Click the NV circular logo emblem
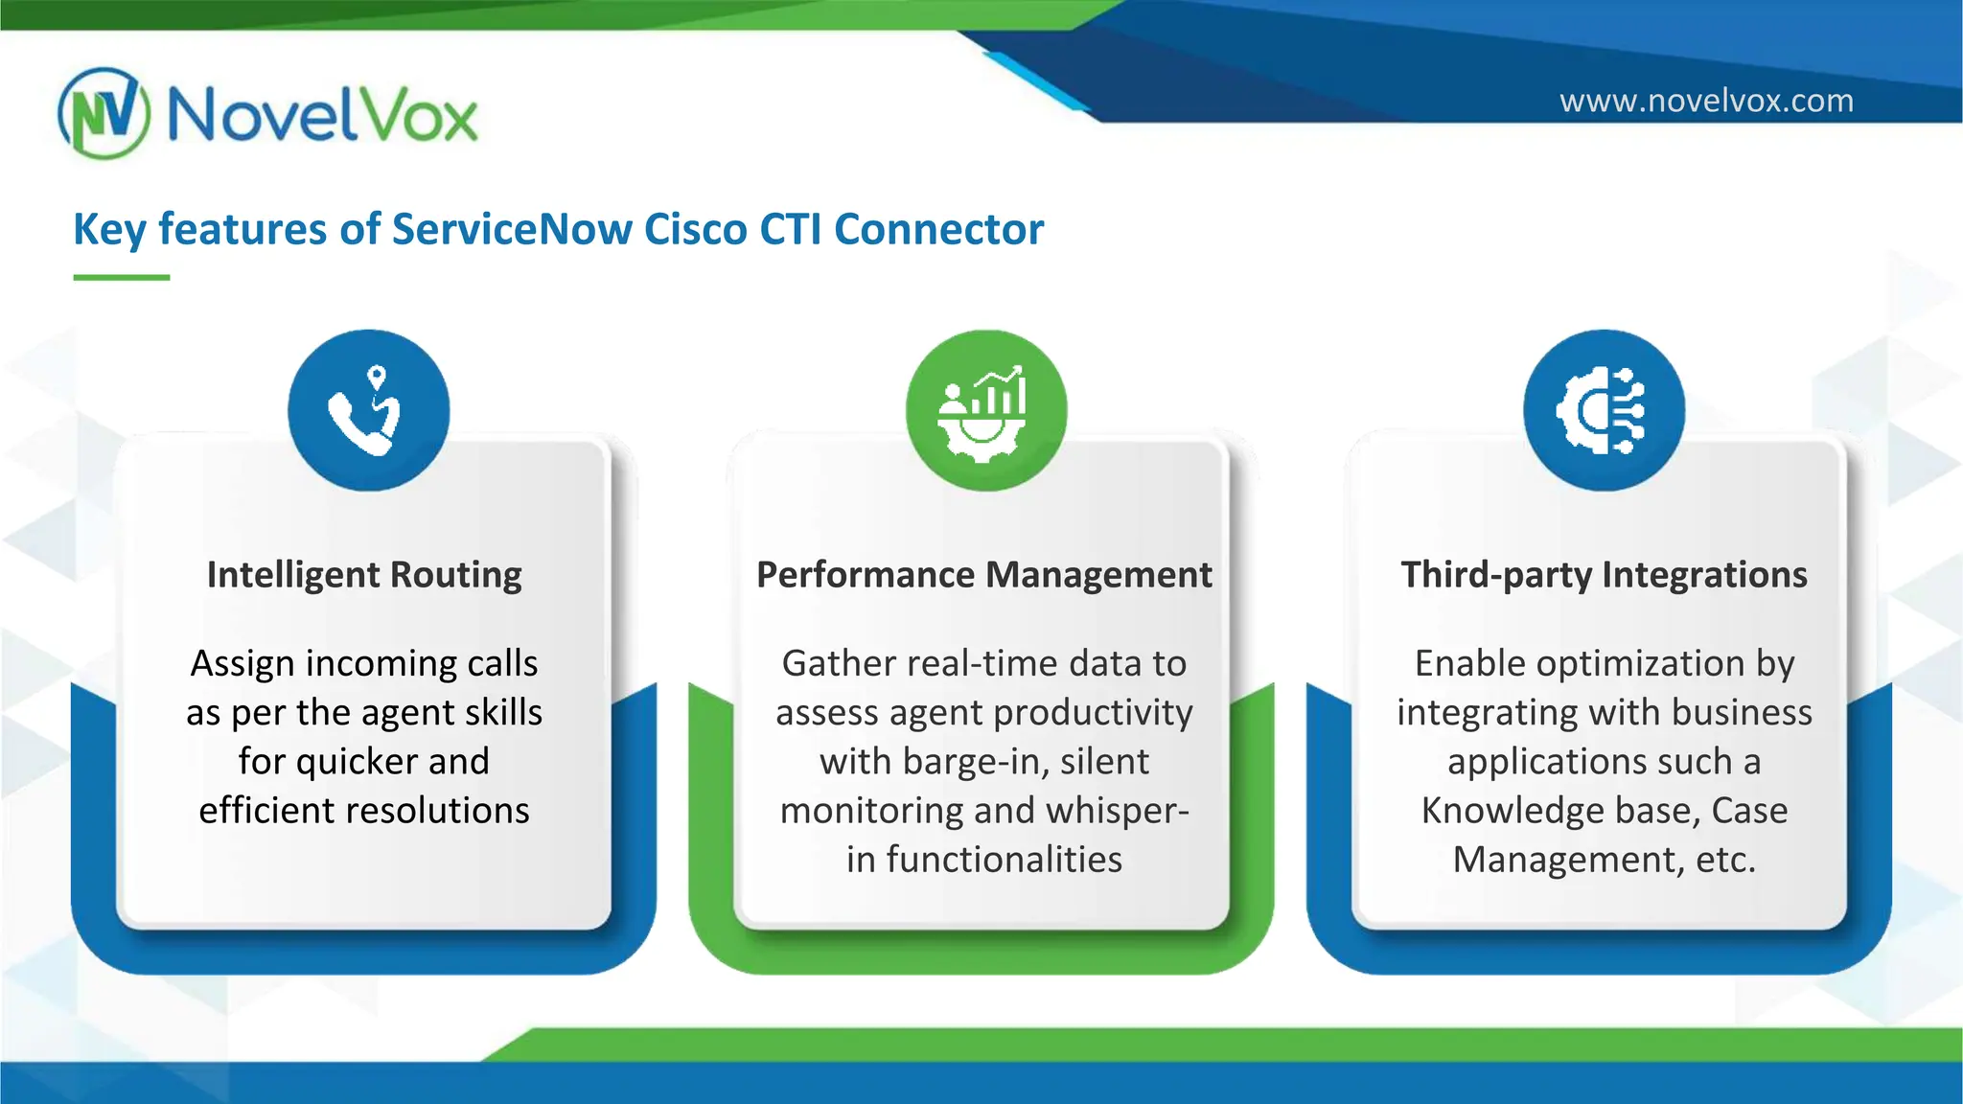click(104, 113)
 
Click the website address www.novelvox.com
click(1706, 101)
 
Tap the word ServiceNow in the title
click(512, 230)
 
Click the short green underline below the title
click(122, 277)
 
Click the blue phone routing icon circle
click(368, 410)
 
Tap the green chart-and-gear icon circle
click(985, 410)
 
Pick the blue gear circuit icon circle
click(1604, 410)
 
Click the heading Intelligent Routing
click(364, 575)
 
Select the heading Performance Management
click(984, 575)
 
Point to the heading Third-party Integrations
click(1604, 575)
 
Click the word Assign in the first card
click(242, 664)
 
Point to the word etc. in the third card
click(1725, 860)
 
